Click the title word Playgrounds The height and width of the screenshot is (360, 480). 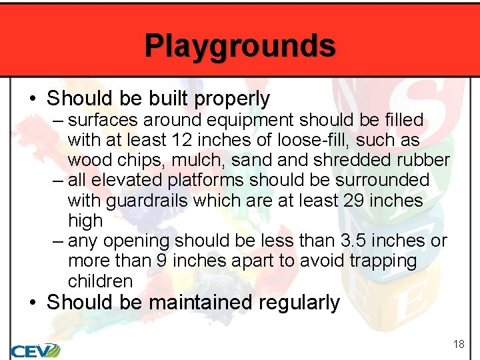pos(240,46)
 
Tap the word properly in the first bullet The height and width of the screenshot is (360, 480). pos(233,99)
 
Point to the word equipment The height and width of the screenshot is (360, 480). pos(239,121)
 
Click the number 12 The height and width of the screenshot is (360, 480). pos(179,141)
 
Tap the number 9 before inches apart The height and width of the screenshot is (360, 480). pos(161,261)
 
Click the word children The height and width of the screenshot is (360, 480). pos(100,281)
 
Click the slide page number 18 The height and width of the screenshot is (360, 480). pos(459,344)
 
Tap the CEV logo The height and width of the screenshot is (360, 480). pos(35,349)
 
